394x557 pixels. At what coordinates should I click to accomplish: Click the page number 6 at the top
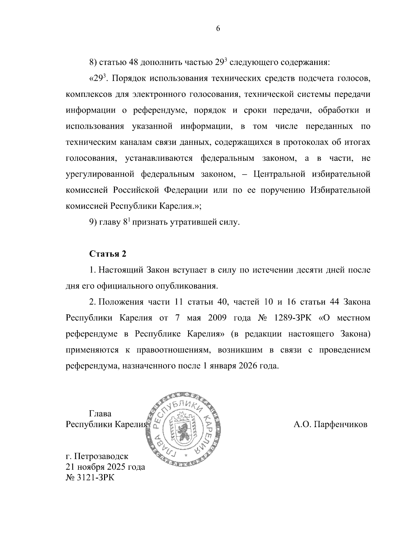click(x=218, y=29)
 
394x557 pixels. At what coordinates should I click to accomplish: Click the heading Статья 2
click(x=108, y=254)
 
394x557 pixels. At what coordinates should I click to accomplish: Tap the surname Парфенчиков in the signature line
click(x=340, y=425)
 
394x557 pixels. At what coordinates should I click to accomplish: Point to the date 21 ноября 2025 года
click(x=105, y=466)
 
